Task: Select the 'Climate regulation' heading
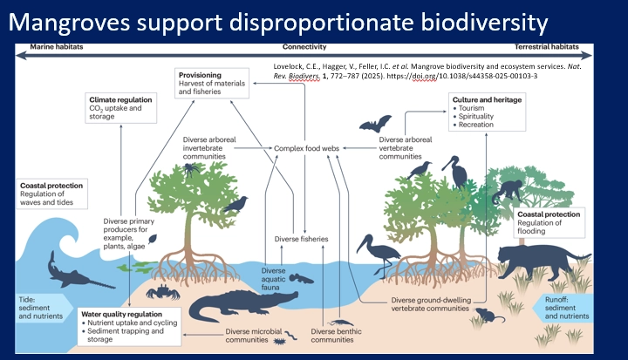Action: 122,101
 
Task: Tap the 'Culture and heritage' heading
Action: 487,100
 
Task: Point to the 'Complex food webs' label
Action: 307,149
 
